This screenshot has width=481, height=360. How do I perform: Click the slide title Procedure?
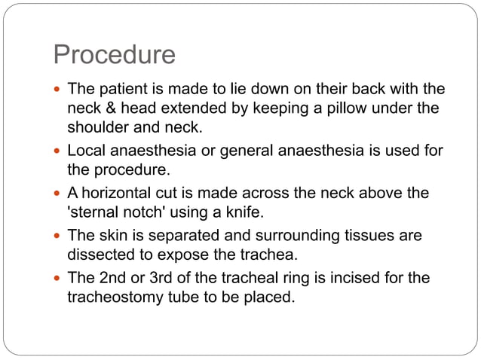(x=114, y=55)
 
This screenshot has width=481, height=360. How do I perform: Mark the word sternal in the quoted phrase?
(x=97, y=212)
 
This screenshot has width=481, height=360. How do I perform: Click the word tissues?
(x=367, y=236)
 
